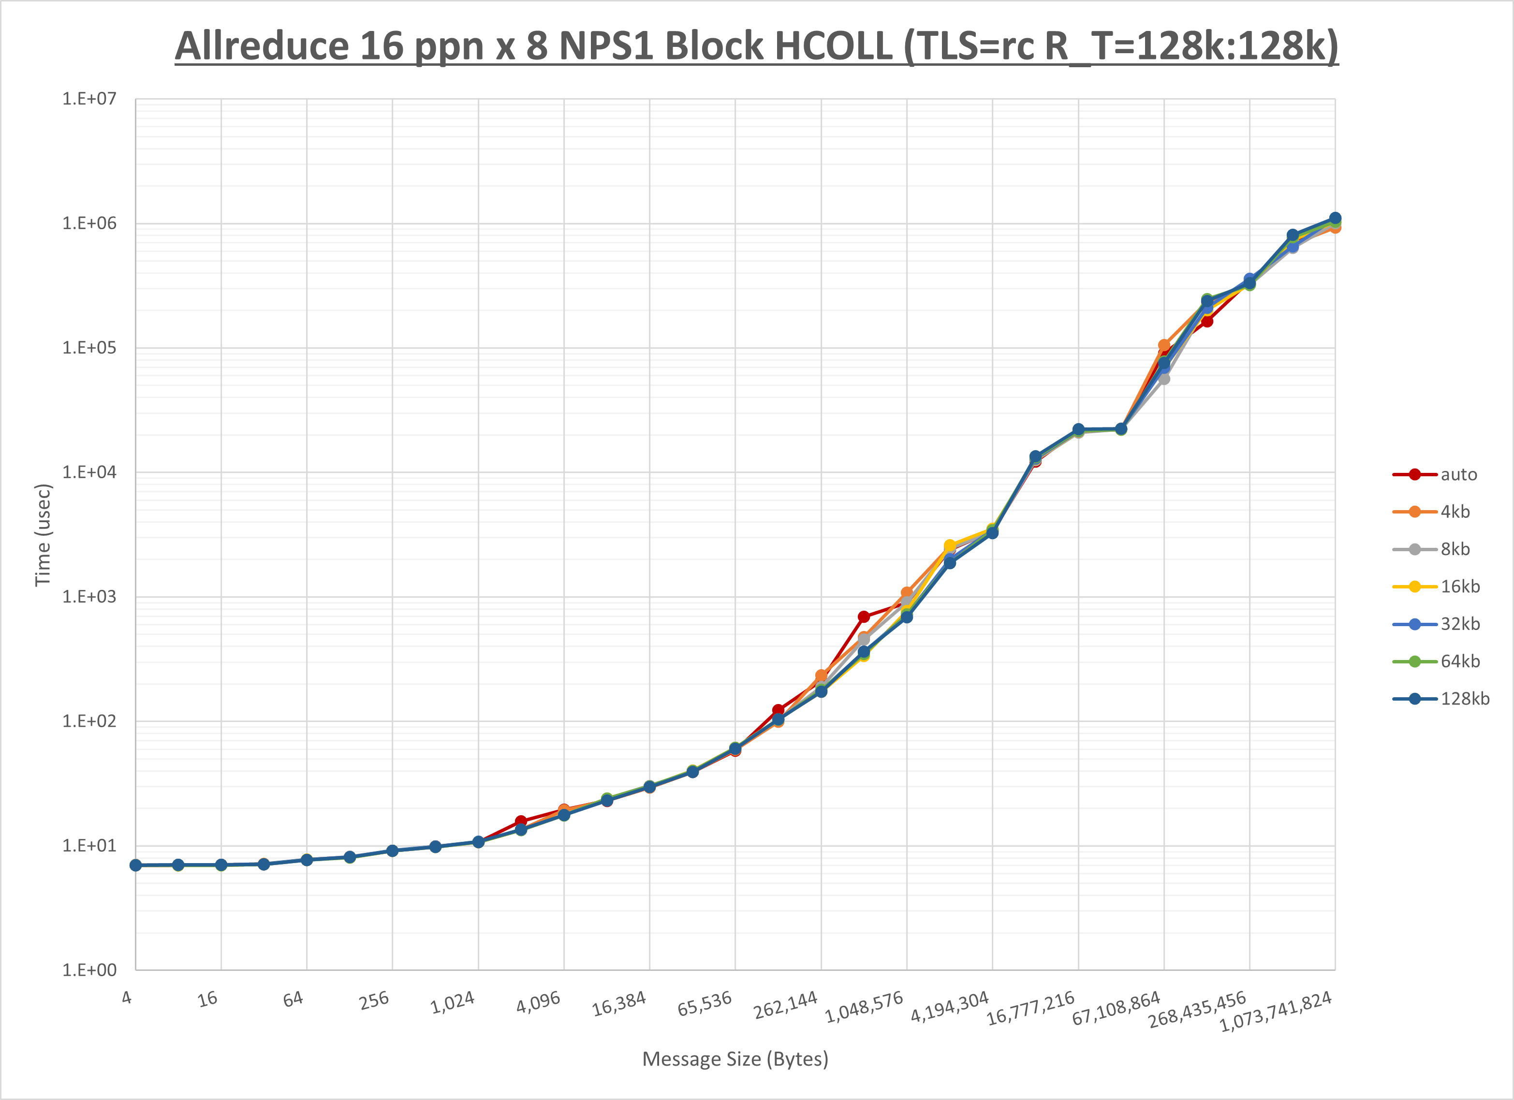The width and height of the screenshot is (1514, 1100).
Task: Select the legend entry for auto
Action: tap(1458, 475)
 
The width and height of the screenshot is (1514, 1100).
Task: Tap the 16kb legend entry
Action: tap(1459, 587)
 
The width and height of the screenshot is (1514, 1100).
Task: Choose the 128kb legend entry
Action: tap(1465, 699)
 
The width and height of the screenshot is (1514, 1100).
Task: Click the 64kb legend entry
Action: tap(1459, 661)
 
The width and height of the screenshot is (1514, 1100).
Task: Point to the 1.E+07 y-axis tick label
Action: tap(89, 99)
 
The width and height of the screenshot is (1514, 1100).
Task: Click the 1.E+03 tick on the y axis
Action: tap(89, 597)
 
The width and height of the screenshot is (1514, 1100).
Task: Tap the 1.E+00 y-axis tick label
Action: tap(89, 970)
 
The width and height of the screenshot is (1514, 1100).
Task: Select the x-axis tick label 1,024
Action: tap(453, 1002)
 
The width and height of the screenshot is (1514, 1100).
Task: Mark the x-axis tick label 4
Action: tap(127, 998)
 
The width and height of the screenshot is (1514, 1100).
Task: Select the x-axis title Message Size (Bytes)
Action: tap(735, 1059)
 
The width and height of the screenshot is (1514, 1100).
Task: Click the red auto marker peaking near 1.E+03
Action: tap(864, 617)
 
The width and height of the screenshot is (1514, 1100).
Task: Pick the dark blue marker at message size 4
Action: tap(135, 865)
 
